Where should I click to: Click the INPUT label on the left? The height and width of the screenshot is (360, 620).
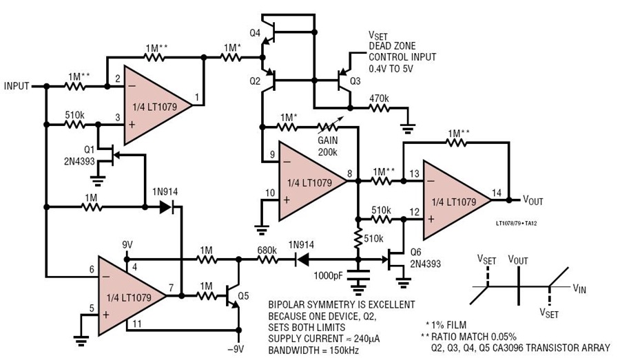tap(17, 86)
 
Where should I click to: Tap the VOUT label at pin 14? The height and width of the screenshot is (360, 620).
tap(533, 200)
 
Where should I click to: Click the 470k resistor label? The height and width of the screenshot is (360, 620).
tap(379, 98)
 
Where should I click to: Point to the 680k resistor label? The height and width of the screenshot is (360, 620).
tap(267, 250)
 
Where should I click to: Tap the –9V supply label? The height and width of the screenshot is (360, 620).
tap(236, 349)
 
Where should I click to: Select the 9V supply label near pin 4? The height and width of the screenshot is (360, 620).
tap(127, 245)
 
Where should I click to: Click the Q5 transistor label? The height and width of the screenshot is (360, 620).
tap(243, 295)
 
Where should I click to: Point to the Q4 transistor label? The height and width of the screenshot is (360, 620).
tap(255, 33)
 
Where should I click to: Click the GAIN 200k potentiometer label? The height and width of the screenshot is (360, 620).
tap(328, 146)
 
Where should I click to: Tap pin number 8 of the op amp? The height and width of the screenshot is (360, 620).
tap(349, 173)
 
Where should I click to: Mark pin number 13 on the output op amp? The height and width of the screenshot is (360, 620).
tap(415, 174)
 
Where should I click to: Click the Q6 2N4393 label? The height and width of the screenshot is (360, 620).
tap(426, 257)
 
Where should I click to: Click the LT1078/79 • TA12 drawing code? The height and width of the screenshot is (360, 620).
tap(517, 223)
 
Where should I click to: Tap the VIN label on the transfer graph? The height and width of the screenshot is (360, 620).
tap(579, 289)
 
